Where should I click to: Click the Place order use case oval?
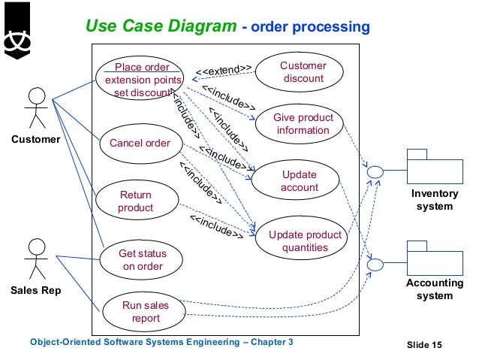(x=143, y=80)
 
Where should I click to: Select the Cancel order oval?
(x=140, y=144)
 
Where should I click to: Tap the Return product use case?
(x=136, y=201)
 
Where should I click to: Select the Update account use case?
(x=299, y=181)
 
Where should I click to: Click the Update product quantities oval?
(x=304, y=241)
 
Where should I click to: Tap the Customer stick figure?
(x=35, y=109)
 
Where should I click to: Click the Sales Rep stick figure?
(x=35, y=260)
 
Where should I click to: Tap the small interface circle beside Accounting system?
(x=375, y=264)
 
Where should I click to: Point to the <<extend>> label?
(x=223, y=71)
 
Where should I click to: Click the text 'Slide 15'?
(x=424, y=345)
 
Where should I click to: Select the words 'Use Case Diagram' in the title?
(x=161, y=27)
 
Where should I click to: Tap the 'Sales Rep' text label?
(x=35, y=289)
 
